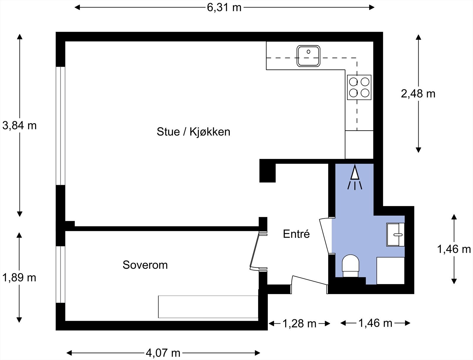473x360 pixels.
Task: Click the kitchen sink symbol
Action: [309, 56]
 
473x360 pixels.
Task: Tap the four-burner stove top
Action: [359, 87]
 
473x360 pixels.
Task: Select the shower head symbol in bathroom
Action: [355, 176]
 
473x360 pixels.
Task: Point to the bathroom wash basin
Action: [396, 235]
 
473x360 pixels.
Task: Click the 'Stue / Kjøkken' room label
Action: [193, 132]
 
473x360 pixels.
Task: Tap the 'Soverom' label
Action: [145, 265]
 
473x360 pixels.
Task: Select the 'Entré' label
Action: [296, 234]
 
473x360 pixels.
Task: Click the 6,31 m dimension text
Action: [224, 7]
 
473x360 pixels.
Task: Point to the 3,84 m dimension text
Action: [20, 126]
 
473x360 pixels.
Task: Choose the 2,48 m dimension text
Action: [418, 94]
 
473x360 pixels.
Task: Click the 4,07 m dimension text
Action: [163, 353]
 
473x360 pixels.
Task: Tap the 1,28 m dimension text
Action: [299, 324]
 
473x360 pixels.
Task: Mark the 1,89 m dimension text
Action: [20, 278]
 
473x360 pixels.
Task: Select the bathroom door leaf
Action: [324, 236]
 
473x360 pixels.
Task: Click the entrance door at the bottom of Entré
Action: [310, 281]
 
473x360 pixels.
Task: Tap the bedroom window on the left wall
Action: [60, 274]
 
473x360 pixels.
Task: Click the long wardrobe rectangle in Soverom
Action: [208, 307]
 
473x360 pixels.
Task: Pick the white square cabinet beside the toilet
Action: [391, 271]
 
